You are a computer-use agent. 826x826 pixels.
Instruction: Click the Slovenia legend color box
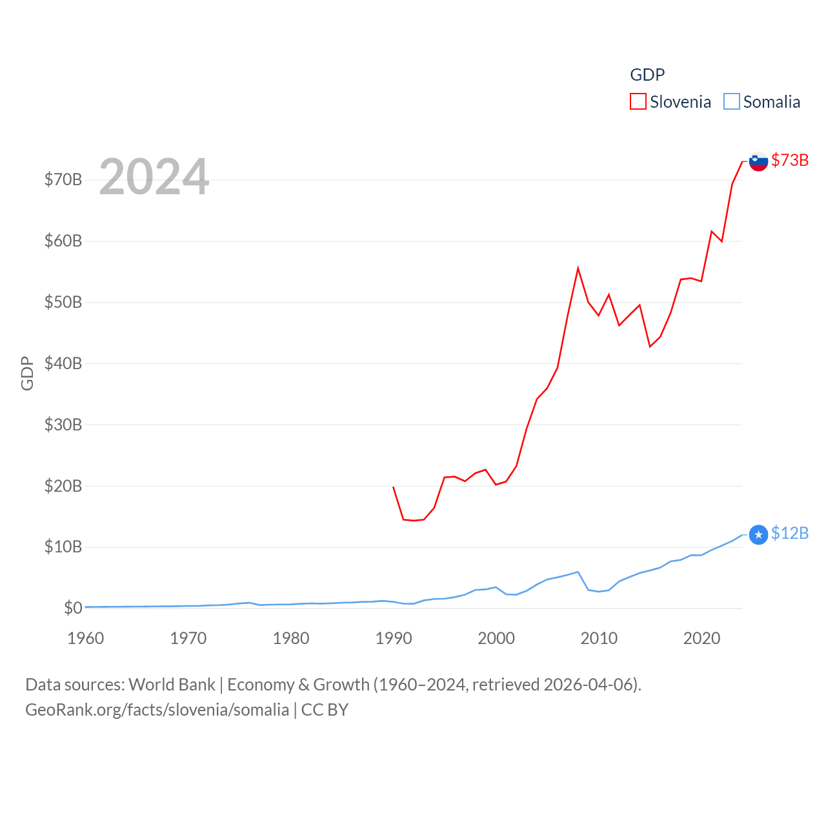coord(638,102)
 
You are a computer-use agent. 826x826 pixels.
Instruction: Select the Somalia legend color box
coord(731,102)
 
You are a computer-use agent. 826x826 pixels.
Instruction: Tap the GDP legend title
coord(647,75)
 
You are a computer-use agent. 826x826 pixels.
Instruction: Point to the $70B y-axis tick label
coord(63,179)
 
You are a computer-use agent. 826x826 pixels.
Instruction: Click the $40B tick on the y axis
coord(63,363)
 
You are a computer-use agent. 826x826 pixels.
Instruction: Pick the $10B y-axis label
coord(63,547)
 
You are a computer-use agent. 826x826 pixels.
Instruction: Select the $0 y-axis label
coord(73,608)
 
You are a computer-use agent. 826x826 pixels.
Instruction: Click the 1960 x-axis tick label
coord(85,638)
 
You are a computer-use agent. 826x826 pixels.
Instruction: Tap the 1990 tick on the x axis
coord(394,638)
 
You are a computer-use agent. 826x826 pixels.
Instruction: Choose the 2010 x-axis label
coord(599,638)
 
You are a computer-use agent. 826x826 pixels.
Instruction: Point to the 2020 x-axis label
coord(701,638)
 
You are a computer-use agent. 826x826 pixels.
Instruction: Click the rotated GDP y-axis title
coord(27,373)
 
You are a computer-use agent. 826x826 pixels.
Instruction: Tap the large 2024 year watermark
coord(154,177)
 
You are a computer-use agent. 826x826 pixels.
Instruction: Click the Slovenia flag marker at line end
coord(758,161)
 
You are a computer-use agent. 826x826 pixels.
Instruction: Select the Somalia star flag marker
coord(758,534)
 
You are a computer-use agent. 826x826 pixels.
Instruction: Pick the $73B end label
coord(790,160)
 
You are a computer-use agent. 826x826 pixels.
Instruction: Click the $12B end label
coord(790,533)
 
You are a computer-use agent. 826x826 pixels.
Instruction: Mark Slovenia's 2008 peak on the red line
coord(578,268)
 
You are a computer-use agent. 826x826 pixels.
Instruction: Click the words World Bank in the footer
coord(172,684)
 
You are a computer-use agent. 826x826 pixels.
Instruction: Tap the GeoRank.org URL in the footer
coord(157,710)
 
